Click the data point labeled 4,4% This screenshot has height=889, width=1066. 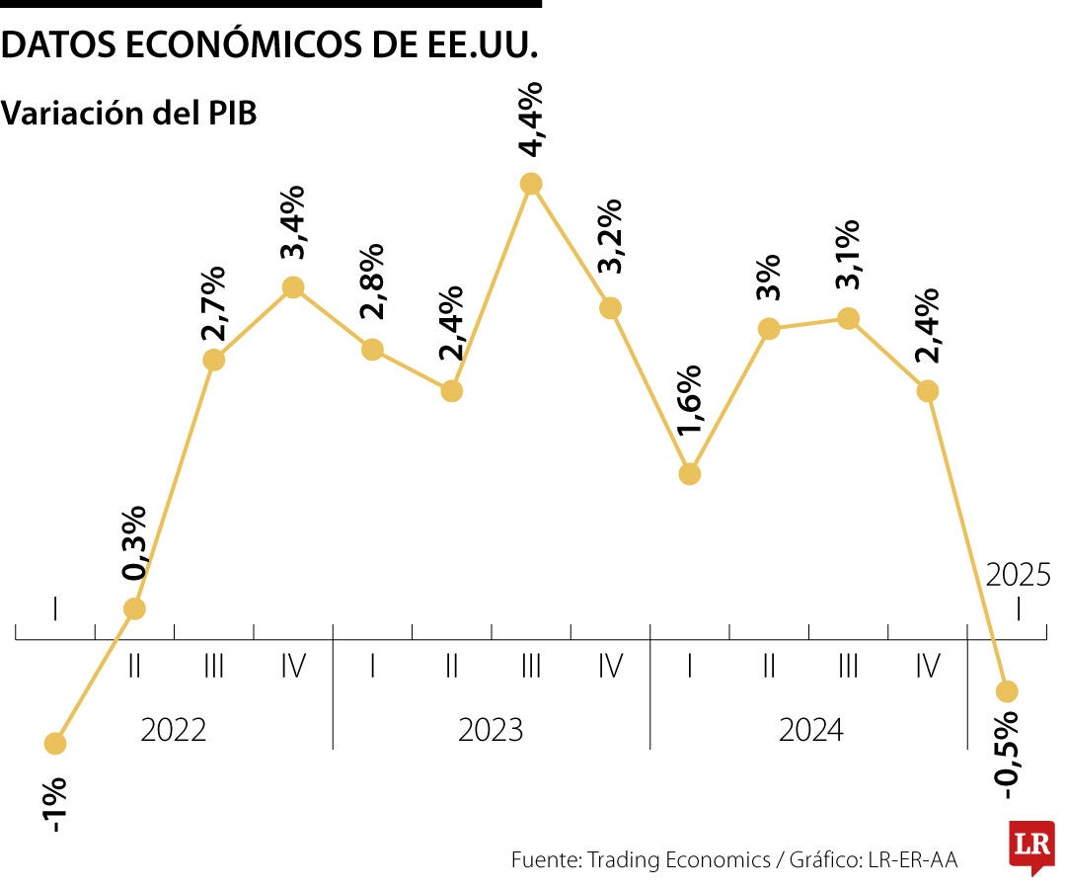coord(531,183)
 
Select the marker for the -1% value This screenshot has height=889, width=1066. coord(56,743)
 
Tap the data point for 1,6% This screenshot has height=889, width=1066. coord(690,474)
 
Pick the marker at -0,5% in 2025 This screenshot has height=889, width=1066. coord(1007,690)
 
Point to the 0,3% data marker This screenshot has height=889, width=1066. coord(135,608)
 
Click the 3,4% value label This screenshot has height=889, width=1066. coord(293,221)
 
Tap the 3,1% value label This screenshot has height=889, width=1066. coord(848,254)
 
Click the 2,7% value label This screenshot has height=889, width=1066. coord(213,303)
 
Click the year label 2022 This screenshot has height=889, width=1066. coord(174,731)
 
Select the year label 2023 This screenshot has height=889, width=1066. coord(491,731)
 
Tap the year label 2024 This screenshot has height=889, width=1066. coord(811,731)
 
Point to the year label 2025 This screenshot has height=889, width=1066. coord(1019,575)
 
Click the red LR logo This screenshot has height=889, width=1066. coord(1030,845)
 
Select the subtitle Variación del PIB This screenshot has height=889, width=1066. coord(129,113)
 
